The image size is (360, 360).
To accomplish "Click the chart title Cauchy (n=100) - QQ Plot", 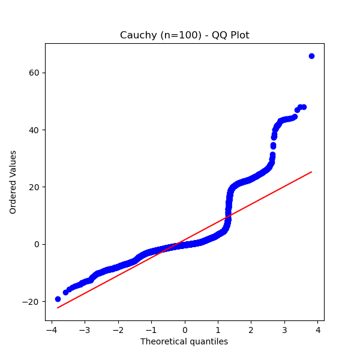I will pos(184,35).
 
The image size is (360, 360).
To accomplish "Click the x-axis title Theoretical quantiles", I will pos(184,341).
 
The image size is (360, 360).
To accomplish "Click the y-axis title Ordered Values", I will pos(13,182).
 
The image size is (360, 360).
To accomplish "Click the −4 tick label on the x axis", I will pos(49,329).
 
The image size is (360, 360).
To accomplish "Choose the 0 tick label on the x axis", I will pos(185,329).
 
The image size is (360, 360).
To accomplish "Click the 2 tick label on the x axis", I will pos(251,329).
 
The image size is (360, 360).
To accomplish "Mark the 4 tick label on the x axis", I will pos(318,329).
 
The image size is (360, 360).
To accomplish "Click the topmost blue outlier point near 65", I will pos(311,56).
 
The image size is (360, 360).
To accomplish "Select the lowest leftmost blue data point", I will pos(58,299).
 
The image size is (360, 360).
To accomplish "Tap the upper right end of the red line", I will pos(311,172).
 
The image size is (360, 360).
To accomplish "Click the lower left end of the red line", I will pos(58,308).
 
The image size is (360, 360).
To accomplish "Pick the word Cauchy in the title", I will pos(137,35).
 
